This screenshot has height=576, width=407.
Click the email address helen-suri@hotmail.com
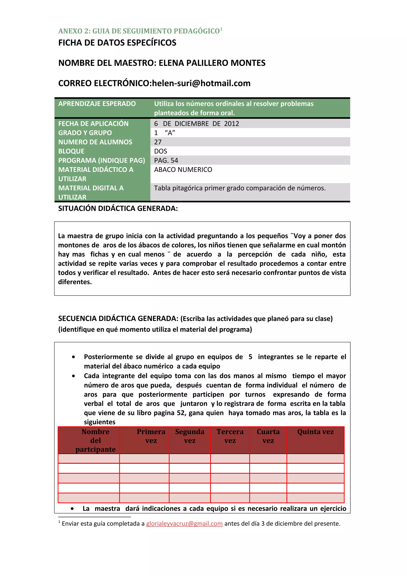pyautogui.click(x=201, y=83)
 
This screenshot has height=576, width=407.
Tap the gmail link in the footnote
pyautogui.click(x=184, y=524)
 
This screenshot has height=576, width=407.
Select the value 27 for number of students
pyautogui.click(x=158, y=142)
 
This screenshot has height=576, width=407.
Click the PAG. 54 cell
pyautogui.click(x=166, y=160)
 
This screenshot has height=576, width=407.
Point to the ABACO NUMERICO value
pyautogui.click(x=183, y=170)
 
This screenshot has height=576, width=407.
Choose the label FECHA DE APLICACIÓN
pyautogui.click(x=93, y=124)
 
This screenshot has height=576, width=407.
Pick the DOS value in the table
pyautogui.click(x=161, y=151)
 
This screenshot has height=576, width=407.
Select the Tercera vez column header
pyautogui.click(x=230, y=436)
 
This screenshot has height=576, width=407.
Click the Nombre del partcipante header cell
pyautogui.click(x=96, y=440)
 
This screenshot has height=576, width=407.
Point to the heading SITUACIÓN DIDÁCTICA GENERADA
pyautogui.click(x=118, y=208)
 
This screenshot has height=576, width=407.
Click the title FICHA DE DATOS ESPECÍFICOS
pyautogui.click(x=117, y=43)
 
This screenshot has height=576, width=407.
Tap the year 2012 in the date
pyautogui.click(x=232, y=124)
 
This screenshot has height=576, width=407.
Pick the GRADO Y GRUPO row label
pyautogui.click(x=85, y=133)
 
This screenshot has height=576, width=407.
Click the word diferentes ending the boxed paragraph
pyautogui.click(x=75, y=282)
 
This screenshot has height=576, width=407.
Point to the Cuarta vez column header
pyautogui.click(x=268, y=436)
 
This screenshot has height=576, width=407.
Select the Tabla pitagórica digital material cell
pyautogui.click(x=240, y=188)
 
